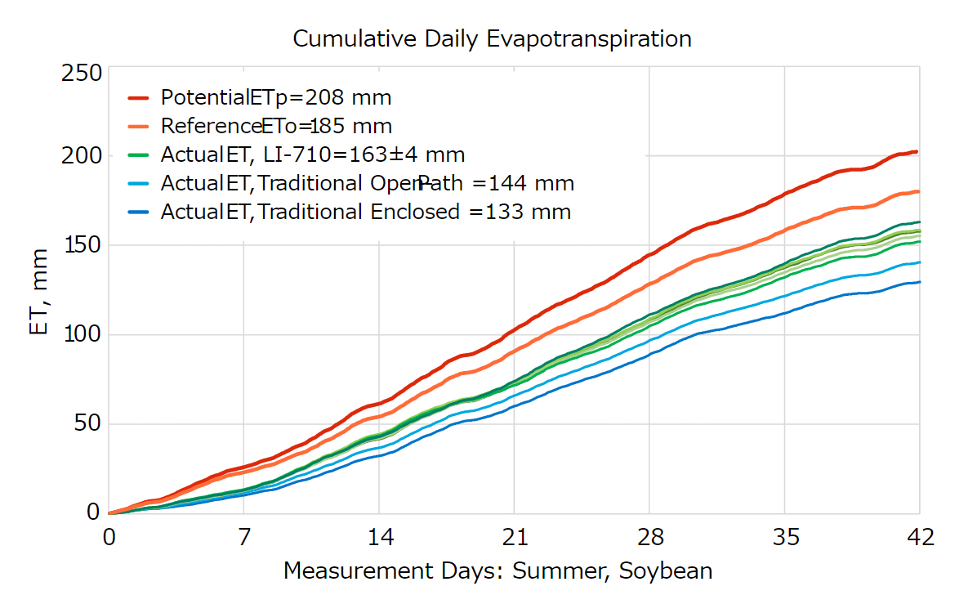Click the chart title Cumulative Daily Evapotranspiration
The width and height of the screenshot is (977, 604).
(492, 38)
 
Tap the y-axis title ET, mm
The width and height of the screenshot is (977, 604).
(38, 293)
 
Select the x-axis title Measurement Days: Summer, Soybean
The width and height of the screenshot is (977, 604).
(497, 570)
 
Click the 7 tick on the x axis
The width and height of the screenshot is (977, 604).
(243, 538)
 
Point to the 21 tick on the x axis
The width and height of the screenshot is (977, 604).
(514, 538)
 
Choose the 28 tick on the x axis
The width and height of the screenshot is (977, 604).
(649, 538)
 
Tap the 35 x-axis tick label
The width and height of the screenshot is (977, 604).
(784, 538)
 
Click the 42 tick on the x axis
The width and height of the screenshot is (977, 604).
(919, 538)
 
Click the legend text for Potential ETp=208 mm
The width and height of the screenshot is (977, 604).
(276, 98)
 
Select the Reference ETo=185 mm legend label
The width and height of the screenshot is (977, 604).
(276, 127)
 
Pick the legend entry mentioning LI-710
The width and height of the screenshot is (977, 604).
(313, 154)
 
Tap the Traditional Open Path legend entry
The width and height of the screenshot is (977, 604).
(368, 183)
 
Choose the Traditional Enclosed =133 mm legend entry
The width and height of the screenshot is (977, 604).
(366, 213)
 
